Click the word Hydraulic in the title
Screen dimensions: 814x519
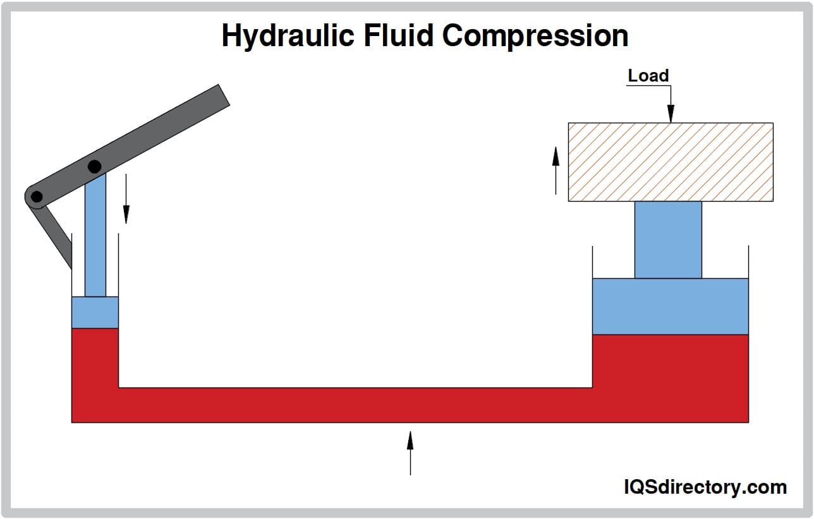(x=288, y=36)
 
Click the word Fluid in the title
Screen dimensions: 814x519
(x=398, y=35)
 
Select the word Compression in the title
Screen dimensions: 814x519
(x=535, y=36)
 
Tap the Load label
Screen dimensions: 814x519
(x=648, y=76)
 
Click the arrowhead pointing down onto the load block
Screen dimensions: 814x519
(x=671, y=114)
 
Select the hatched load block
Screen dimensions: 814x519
(x=671, y=162)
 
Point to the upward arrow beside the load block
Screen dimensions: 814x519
(x=556, y=171)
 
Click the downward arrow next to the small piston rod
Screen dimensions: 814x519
(x=126, y=198)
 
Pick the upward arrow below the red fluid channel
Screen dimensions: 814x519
(x=410, y=453)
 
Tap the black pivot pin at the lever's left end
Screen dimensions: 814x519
(x=37, y=197)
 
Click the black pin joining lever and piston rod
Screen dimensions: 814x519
(x=95, y=167)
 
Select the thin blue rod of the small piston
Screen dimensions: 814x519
(x=95, y=235)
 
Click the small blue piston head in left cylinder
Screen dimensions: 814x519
(x=95, y=312)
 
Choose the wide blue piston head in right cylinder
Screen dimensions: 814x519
(x=671, y=307)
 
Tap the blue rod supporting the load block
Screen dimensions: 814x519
(x=668, y=240)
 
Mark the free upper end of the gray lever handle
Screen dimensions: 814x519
(x=224, y=95)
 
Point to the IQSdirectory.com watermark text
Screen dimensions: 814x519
(x=705, y=487)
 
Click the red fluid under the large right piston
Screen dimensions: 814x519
(x=671, y=378)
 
